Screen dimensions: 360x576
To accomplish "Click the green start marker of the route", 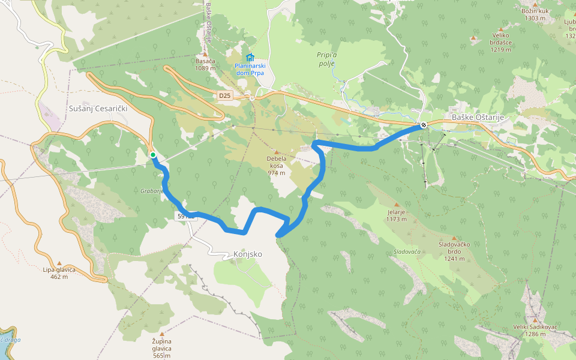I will point(153,155).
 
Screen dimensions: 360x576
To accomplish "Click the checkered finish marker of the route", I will point(424,125).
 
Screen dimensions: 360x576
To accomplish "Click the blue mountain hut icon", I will point(250,57).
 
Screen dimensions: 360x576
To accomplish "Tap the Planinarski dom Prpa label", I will point(250,69).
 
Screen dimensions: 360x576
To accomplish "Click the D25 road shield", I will point(224,95).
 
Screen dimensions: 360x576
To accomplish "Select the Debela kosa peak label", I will point(277,162).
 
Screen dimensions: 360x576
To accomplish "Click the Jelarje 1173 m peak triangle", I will point(397,205).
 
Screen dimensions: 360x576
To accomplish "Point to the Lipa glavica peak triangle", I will point(59,262).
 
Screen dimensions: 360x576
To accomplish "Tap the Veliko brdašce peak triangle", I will point(473,38).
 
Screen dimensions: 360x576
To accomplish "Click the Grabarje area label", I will point(152,191).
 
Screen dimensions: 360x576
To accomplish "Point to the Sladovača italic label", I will point(407,252).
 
